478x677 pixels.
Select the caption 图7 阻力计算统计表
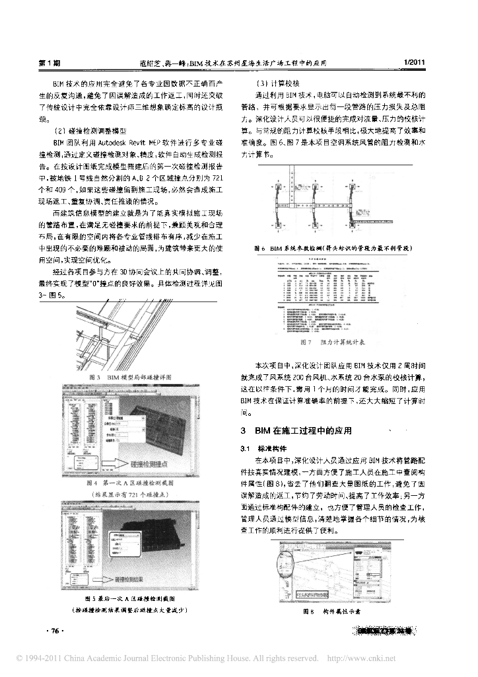pyautogui.click(x=333, y=342)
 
